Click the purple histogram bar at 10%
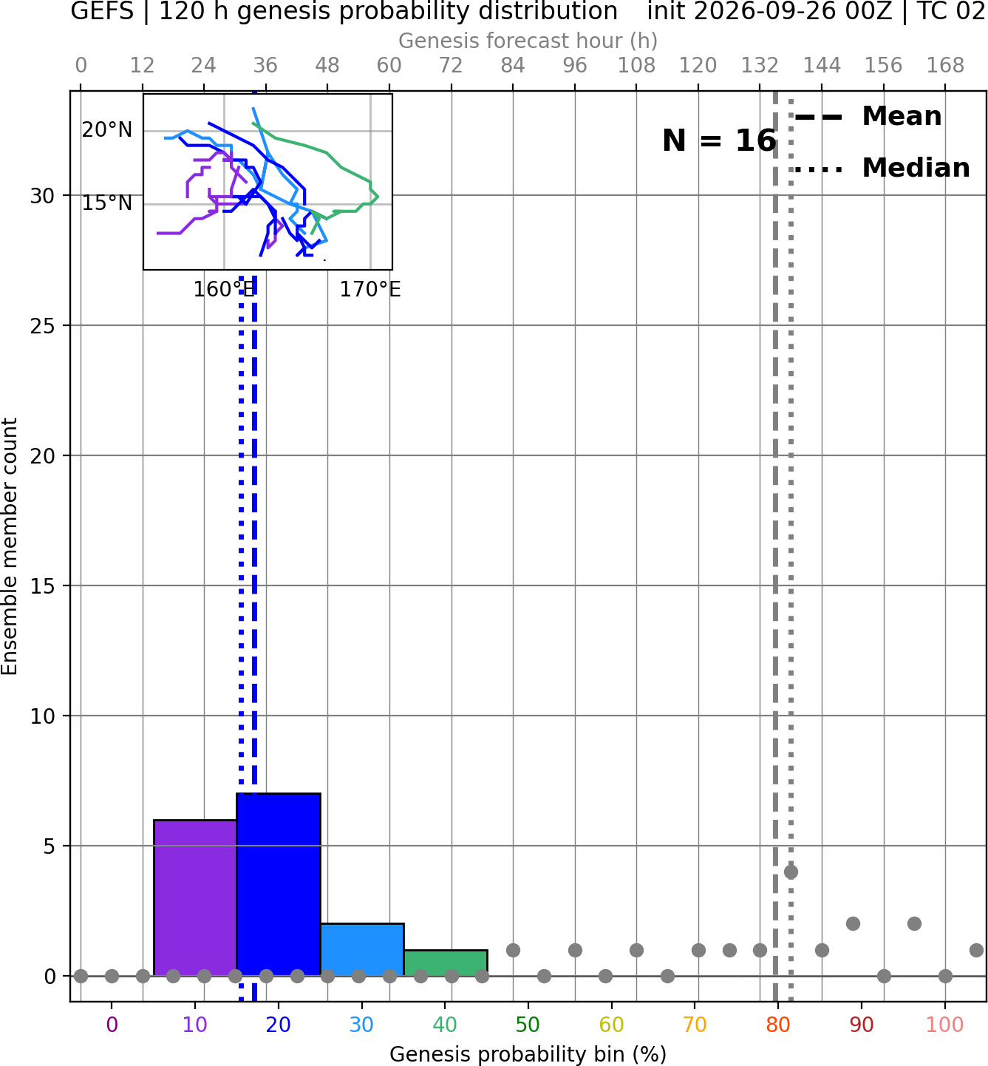pos(195,897)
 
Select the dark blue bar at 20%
pos(279,884)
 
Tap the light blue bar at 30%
pos(361,949)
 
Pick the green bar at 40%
pos(446,963)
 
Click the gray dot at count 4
pos(791,872)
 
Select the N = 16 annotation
pos(719,140)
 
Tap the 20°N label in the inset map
pos(107,130)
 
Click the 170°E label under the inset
pos(369,290)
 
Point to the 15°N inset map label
pos(107,203)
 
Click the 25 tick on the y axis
pos(42,326)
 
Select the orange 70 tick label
pos(695,1025)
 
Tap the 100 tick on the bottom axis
pos(944,1025)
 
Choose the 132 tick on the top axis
pos(760,66)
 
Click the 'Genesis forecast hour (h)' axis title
pos(528,41)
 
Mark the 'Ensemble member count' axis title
pos(10,546)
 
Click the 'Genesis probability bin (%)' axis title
pos(528,1054)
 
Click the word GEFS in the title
pos(102,11)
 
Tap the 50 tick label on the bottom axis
pos(528,1025)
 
